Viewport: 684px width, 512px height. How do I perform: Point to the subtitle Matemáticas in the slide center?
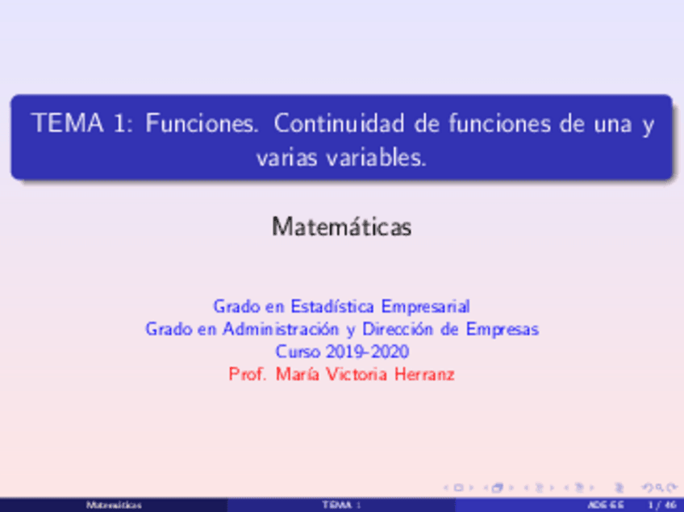point(342,227)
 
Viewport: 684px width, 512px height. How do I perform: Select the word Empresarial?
point(425,306)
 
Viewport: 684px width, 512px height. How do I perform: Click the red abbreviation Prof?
point(248,374)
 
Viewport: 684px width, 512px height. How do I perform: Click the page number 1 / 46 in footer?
point(667,505)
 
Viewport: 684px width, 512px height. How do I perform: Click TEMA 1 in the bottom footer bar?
point(341,505)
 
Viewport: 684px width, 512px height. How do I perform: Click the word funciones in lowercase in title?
point(487,125)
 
